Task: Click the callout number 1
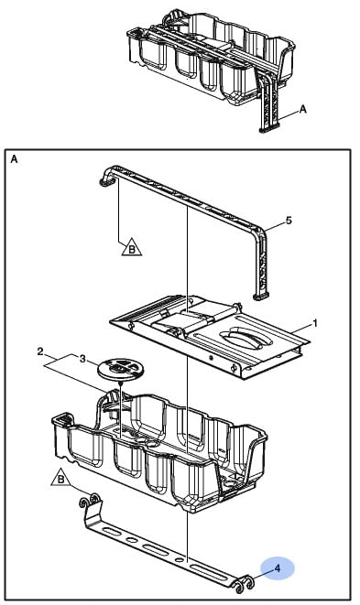[315, 322]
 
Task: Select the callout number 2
[40, 351]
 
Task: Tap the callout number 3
[82, 359]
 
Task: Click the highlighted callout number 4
[278, 568]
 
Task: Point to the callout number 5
[289, 221]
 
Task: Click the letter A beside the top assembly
[303, 109]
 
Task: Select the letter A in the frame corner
[14, 159]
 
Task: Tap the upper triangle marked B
[132, 247]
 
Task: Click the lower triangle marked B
[60, 479]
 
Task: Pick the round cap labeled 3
[118, 369]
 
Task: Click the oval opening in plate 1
[246, 339]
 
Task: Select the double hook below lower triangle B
[91, 501]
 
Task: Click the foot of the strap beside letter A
[269, 128]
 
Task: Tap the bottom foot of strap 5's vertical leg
[261, 296]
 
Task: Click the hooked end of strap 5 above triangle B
[106, 178]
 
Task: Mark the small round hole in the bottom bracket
[179, 559]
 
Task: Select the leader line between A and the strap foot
[289, 114]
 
